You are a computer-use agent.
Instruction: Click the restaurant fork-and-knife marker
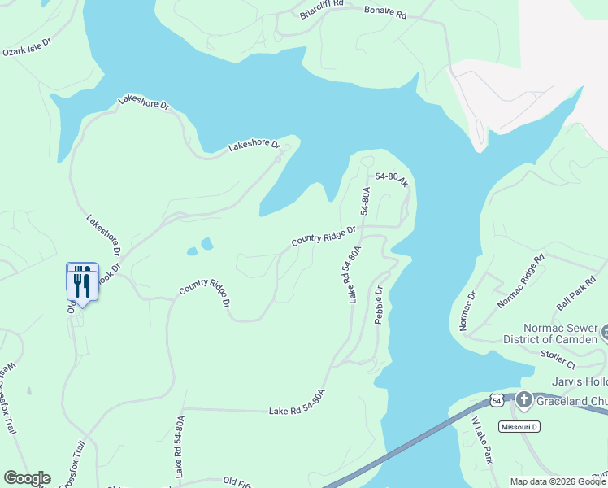pos(82,281)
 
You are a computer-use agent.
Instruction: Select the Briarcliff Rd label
pos(321,9)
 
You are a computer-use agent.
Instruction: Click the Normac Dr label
pos(468,312)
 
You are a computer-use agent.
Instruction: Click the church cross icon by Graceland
pos(524,400)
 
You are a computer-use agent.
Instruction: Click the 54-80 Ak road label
pos(391,180)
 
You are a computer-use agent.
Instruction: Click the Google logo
pos(27,478)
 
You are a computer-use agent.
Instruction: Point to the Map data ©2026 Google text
pos(558,481)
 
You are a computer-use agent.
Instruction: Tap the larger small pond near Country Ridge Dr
pos(206,243)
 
